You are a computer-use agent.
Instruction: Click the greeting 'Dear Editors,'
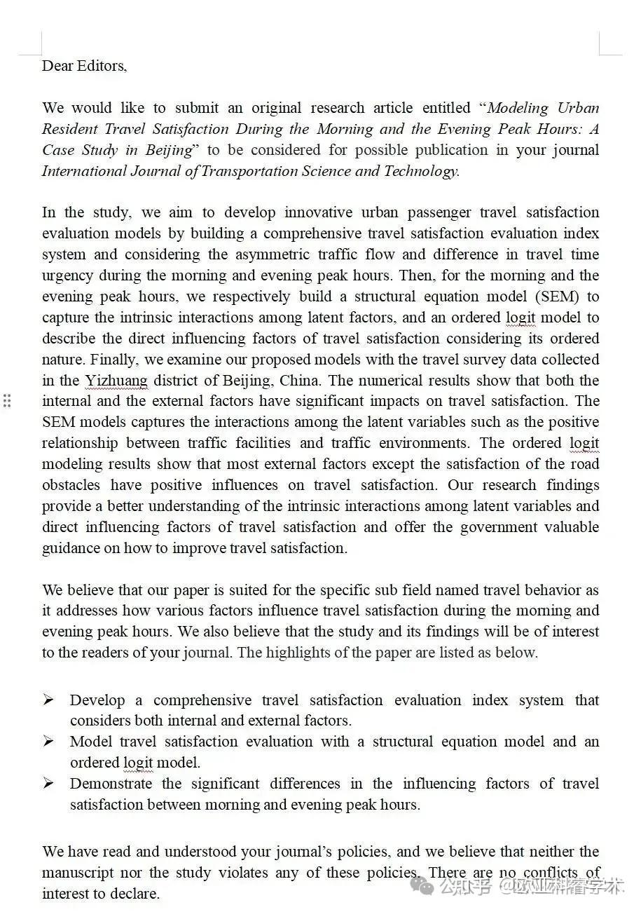pos(84,66)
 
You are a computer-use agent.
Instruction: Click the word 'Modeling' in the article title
pos(517,108)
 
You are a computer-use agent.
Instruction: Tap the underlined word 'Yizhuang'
pos(116,381)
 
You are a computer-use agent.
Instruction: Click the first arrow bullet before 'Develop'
pos(48,700)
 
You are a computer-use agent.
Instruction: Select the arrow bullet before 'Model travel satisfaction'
pos(48,741)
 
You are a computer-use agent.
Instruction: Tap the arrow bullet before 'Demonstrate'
pos(48,783)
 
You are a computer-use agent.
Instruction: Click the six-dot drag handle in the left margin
pos(7,401)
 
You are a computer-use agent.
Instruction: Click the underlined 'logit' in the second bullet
pos(138,763)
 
